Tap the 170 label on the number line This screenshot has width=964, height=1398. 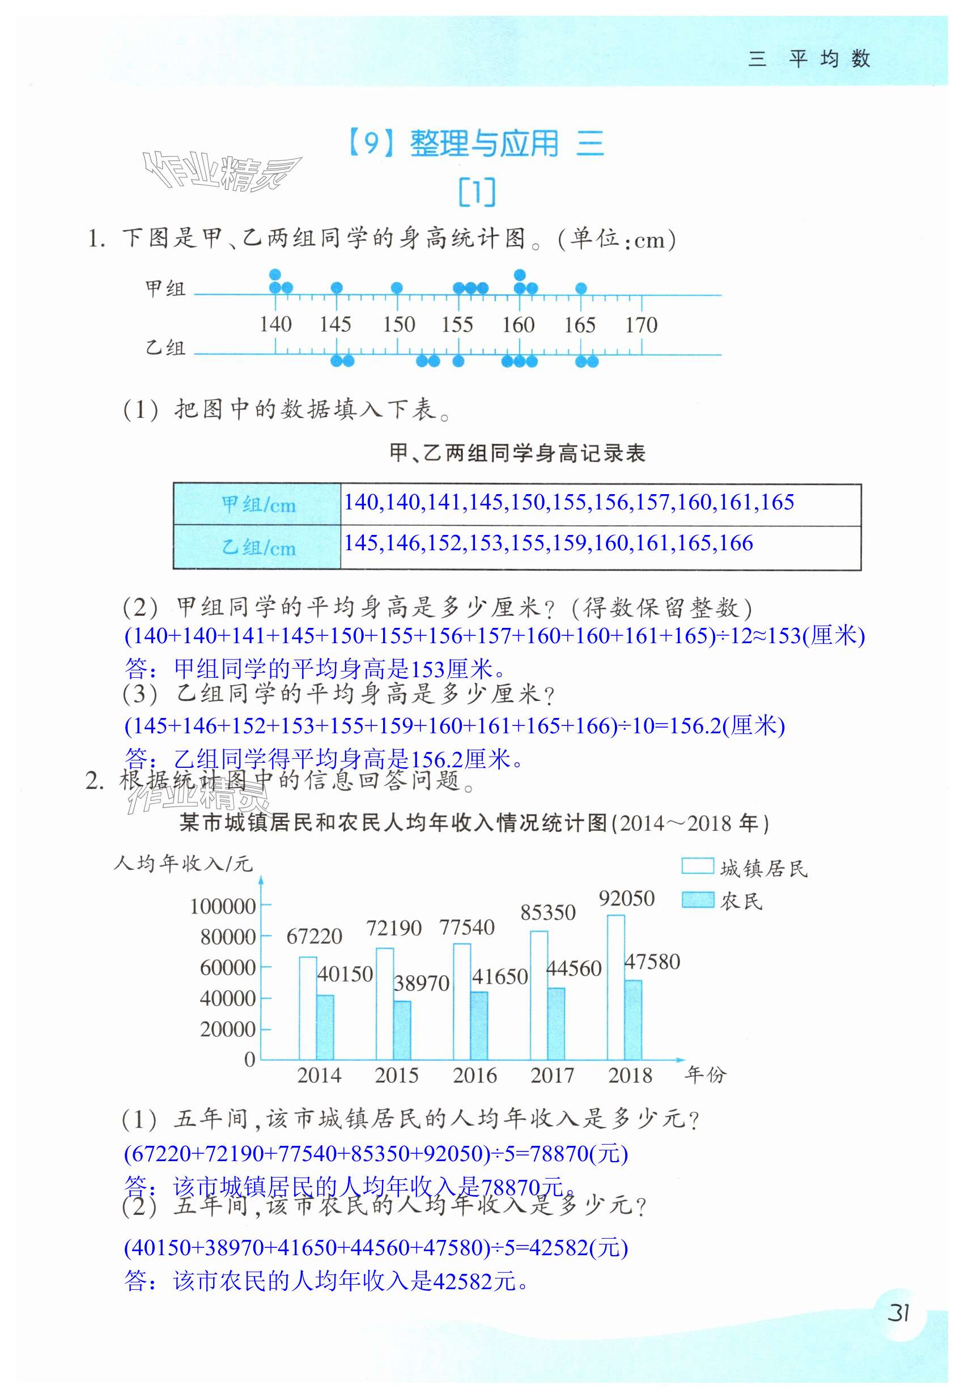641,325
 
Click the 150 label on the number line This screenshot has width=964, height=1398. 398,325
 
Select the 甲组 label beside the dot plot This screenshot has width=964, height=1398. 165,288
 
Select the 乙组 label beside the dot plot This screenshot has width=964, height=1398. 165,348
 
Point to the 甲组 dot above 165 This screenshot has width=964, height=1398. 581,288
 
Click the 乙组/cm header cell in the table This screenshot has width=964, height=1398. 258,547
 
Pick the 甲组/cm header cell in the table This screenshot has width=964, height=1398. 258,504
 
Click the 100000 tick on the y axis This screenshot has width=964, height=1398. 223,907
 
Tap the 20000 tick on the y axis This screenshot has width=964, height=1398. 228,1029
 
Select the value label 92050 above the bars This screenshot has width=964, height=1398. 626,899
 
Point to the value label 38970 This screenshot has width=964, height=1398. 422,983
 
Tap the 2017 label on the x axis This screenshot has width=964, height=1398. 552,1076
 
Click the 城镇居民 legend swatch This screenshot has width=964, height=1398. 698,866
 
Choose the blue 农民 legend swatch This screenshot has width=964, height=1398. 698,900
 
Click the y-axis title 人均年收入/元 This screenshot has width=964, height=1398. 183,864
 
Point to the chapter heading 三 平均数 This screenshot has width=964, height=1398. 809,58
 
